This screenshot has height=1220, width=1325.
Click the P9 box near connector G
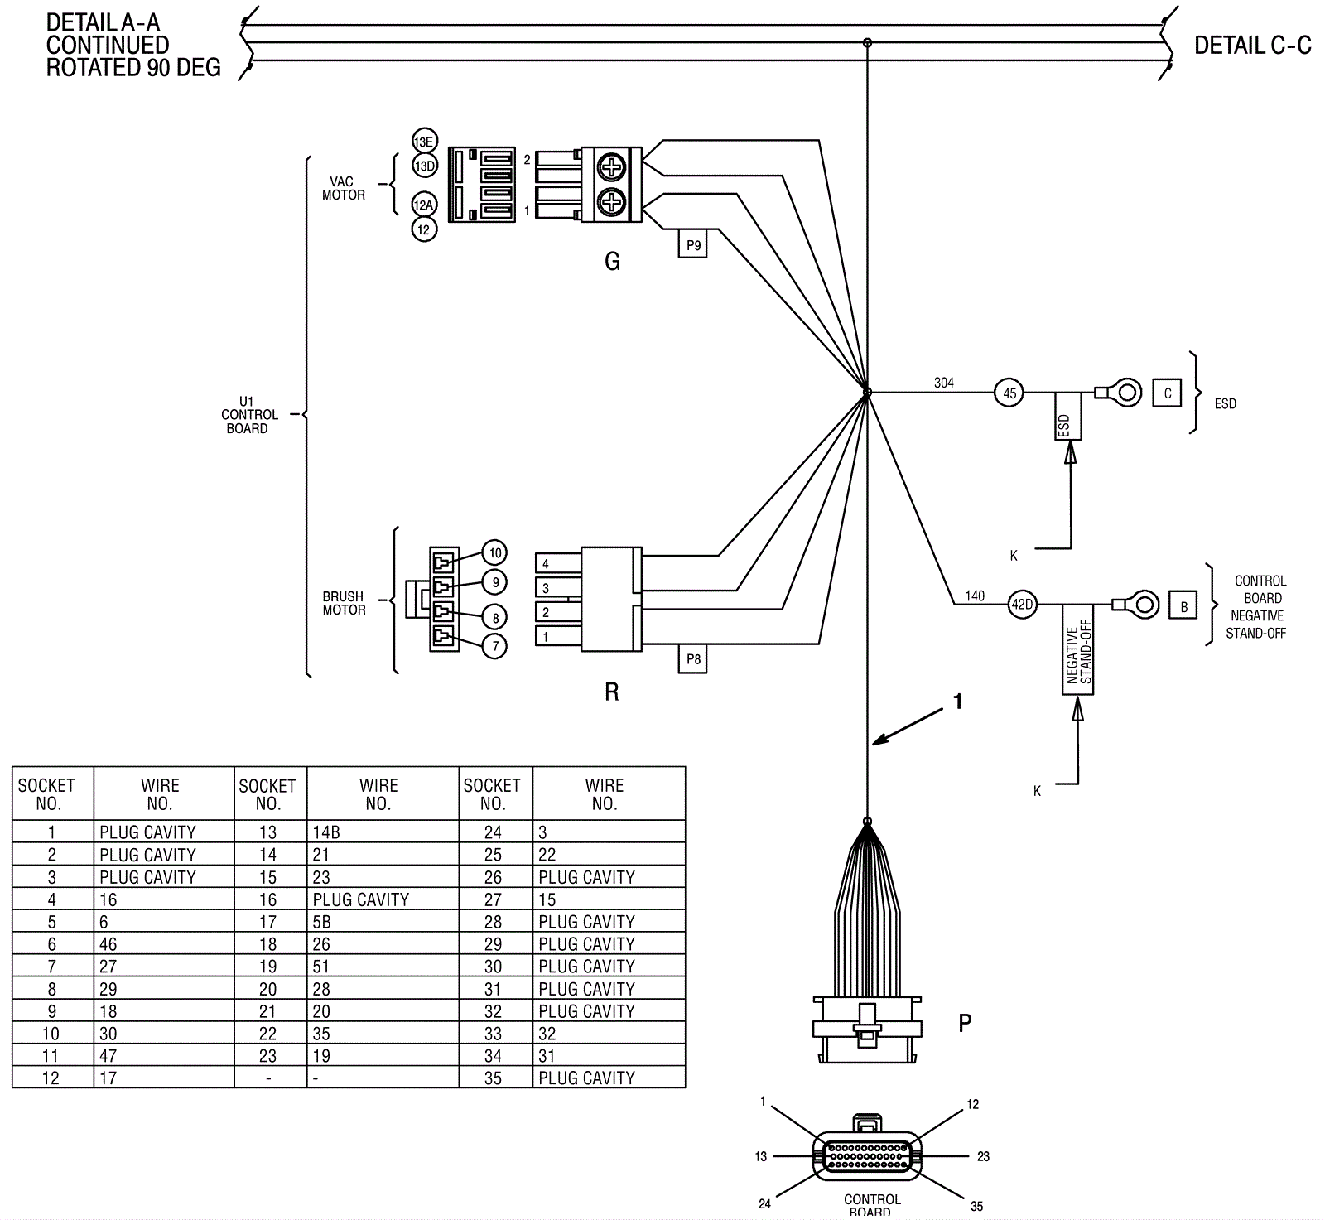pyautogui.click(x=693, y=245)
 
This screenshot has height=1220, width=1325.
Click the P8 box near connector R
pyautogui.click(x=693, y=659)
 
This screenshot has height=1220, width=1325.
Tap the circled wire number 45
pyautogui.click(x=1009, y=393)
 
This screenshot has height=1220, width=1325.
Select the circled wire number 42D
pyautogui.click(x=1023, y=605)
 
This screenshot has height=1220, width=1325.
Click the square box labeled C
pyautogui.click(x=1168, y=393)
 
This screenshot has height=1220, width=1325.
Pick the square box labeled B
pyautogui.click(x=1183, y=606)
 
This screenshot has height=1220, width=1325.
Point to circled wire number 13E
pyautogui.click(x=424, y=142)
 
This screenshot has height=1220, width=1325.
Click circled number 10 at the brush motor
pyautogui.click(x=495, y=553)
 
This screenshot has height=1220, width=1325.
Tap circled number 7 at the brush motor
pyautogui.click(x=495, y=646)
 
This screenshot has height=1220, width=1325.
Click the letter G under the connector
pyautogui.click(x=612, y=262)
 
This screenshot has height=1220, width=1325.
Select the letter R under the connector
pyautogui.click(x=612, y=692)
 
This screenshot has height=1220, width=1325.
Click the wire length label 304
pyautogui.click(x=944, y=383)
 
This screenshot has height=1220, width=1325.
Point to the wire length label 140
pyautogui.click(x=975, y=596)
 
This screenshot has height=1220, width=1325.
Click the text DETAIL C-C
pyautogui.click(x=1252, y=46)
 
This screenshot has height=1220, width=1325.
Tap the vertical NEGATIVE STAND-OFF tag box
pyautogui.click(x=1078, y=650)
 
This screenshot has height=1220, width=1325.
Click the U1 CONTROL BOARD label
pyautogui.click(x=248, y=415)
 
